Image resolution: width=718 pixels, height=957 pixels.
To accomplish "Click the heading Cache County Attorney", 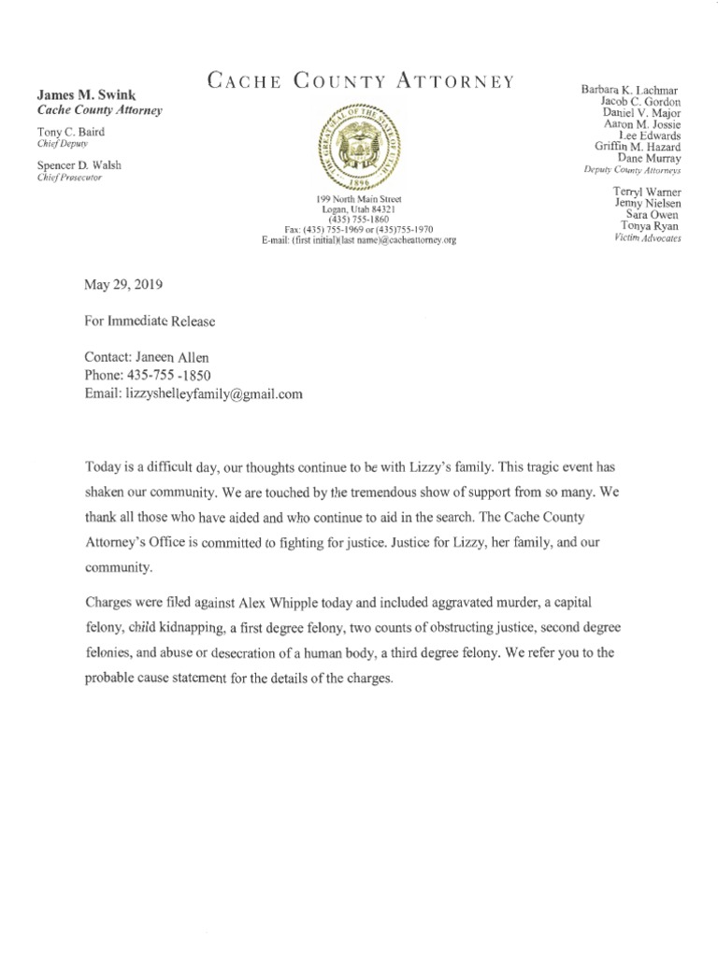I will click(360, 81).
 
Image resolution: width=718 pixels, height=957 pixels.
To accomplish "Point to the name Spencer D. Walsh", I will click(79, 165).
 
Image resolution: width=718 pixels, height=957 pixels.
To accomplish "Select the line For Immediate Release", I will click(150, 321).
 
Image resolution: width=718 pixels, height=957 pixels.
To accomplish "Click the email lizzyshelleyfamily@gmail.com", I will click(214, 394).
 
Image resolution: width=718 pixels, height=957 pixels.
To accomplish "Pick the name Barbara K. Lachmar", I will click(631, 89).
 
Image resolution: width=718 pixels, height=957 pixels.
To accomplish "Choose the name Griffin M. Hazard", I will click(637, 146).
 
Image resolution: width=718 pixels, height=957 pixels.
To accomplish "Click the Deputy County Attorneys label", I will click(631, 172).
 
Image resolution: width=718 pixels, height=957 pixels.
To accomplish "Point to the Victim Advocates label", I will click(648, 238).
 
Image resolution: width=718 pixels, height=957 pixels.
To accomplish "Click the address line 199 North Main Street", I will click(360, 201).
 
